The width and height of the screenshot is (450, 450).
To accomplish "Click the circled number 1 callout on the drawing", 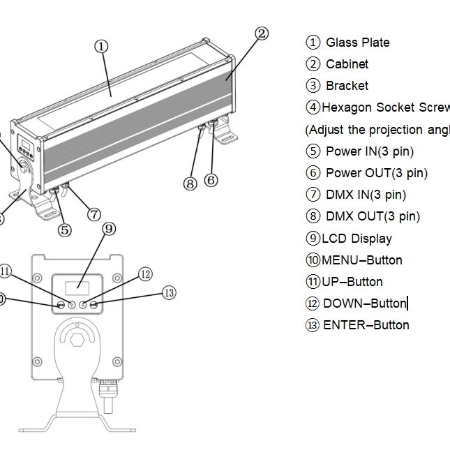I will pos(102,46).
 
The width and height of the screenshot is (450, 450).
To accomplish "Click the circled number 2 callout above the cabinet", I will pos(261,33).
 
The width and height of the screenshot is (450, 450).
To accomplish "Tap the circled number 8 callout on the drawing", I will pos(190,183).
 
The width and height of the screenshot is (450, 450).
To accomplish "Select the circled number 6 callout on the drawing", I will pos(211,180).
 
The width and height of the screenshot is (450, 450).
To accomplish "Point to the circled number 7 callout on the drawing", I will pos(94,214).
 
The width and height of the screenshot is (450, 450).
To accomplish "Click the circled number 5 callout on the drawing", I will pos(65,229).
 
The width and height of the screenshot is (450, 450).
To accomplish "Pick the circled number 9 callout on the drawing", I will pos(108,229).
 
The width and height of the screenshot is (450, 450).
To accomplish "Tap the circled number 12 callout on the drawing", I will pos(145,274).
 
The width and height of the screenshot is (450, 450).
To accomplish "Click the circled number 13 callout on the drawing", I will pos(169,293).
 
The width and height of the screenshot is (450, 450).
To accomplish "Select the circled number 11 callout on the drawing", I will pos(6,271).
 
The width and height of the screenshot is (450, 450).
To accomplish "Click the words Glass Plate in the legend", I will pos(357,43).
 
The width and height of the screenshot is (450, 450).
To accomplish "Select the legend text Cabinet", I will pos(347,64).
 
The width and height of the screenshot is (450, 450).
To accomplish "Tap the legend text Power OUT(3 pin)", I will pos(377,173).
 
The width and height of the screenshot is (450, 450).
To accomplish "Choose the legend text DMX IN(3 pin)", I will pos(366,195).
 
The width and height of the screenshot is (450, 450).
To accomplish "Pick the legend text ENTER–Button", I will pos(366,325).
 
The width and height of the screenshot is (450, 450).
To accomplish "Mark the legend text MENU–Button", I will pos(361,260).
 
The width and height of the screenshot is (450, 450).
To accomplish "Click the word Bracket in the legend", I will pos(347,86).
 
